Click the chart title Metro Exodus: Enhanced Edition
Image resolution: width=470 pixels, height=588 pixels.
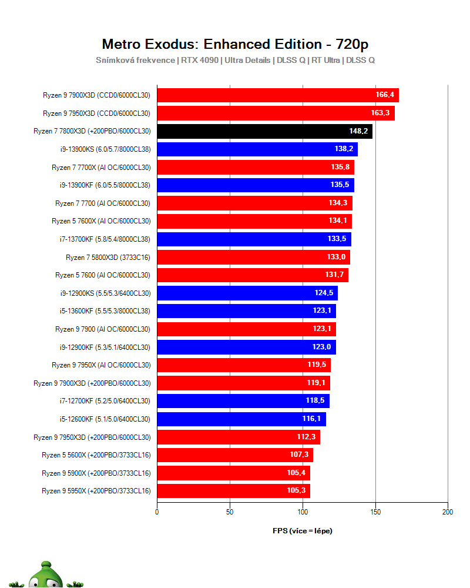pos(211,44)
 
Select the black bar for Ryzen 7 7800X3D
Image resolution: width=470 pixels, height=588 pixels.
pos(264,131)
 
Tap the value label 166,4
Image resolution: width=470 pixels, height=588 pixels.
pos(385,95)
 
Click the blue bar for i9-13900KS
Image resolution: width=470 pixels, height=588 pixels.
pos(257,149)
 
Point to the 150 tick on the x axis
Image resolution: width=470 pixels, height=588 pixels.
pos(375,512)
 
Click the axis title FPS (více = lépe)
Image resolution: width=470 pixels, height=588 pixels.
pos(303,530)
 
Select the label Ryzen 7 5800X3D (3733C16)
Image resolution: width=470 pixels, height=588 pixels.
pos(108,258)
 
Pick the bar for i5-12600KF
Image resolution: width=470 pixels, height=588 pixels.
pos(241,419)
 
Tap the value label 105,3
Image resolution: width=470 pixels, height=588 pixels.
pos(296,490)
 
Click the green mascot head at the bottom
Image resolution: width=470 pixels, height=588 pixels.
pos(46,575)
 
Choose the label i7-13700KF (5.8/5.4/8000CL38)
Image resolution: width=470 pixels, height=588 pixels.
pos(105,239)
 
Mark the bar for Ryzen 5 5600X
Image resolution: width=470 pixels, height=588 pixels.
pos(235,455)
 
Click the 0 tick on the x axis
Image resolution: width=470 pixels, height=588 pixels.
pos(157,512)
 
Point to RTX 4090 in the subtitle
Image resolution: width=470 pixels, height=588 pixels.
pos(200,61)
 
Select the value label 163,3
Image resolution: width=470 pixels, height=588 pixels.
pos(380,113)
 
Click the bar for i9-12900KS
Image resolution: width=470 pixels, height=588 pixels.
pos(247,293)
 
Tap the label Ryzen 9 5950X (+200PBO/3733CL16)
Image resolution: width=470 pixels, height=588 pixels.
pos(96,491)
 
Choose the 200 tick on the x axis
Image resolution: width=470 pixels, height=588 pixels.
pos(448,512)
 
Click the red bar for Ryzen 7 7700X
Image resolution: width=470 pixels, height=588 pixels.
pos(256,167)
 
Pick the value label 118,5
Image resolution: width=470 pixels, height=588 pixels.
pos(315,400)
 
